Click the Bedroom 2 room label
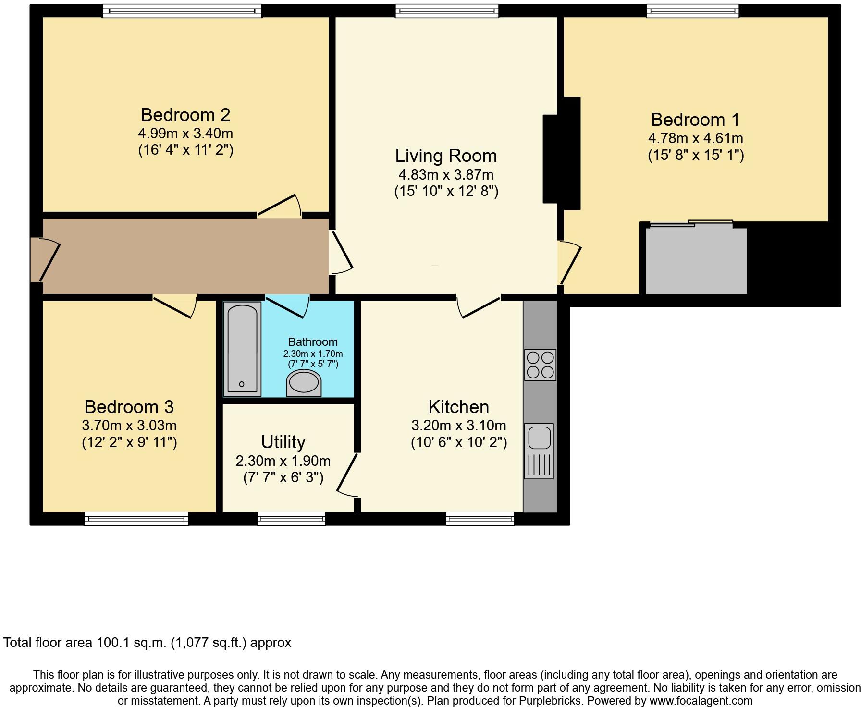[185, 115]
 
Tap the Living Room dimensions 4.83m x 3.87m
[446, 174]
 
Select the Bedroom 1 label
[695, 120]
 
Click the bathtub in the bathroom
[243, 349]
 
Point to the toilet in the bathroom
[304, 384]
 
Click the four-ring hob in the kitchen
[540, 365]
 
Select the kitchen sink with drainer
[539, 451]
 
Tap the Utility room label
[283, 441]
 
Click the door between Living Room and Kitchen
[479, 306]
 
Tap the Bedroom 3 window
[136, 518]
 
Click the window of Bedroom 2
[182, 11]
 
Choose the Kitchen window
[480, 518]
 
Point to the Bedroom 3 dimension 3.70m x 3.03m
[129, 425]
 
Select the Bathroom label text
[313, 342]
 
